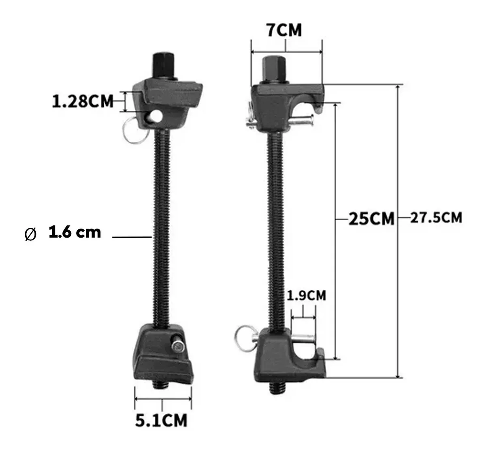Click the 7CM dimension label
coord(284,30)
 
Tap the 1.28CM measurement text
coord(83,101)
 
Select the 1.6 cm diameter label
coord(75,232)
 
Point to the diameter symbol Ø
coord(31,234)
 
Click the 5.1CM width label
coord(161,420)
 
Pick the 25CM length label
coord(371,219)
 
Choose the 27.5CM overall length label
coord(436,218)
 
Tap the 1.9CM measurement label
coord(306,295)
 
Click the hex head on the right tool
coord(274,70)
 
